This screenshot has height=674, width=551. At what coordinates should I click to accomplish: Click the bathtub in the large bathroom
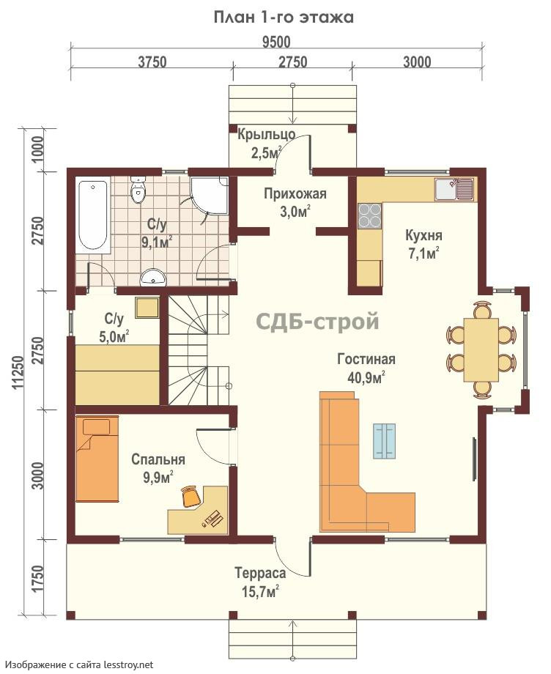(92, 215)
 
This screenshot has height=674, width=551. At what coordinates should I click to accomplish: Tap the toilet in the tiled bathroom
(138, 191)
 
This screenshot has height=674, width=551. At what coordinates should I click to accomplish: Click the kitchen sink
(454, 190)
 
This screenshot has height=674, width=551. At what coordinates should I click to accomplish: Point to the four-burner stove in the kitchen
(370, 215)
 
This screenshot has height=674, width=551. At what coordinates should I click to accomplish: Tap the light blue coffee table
(385, 440)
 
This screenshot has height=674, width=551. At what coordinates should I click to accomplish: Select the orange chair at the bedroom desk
(191, 496)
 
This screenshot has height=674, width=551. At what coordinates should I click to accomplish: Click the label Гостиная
(366, 359)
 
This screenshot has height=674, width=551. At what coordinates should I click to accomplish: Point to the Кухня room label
(424, 236)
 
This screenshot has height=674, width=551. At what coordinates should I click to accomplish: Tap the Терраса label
(260, 573)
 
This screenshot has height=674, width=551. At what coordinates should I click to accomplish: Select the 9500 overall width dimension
(276, 42)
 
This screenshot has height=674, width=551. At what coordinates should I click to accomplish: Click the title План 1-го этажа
(284, 18)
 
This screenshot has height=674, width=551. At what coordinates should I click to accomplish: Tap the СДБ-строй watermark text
(317, 322)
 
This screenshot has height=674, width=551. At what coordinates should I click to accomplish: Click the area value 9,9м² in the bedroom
(158, 477)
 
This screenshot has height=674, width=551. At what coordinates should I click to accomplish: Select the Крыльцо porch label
(267, 135)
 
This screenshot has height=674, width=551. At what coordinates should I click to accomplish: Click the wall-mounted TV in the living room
(475, 459)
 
